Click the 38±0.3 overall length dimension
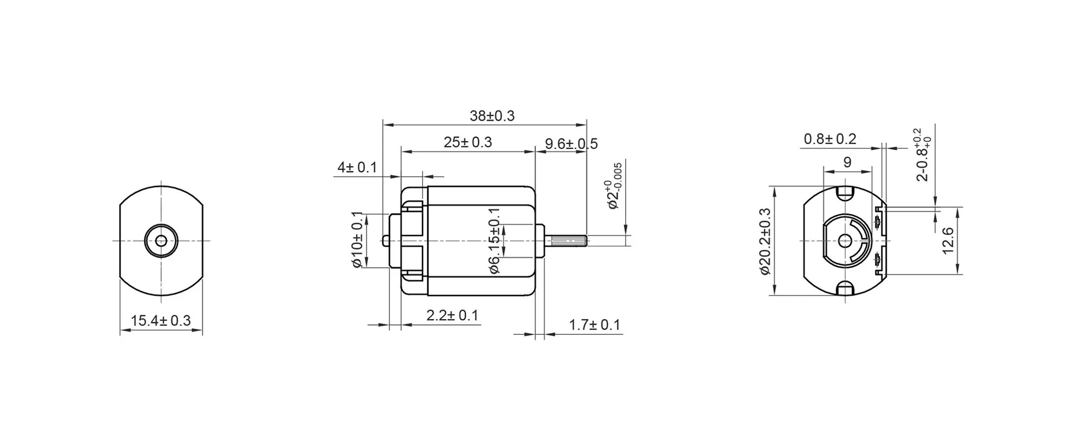(492, 116)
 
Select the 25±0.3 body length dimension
(467, 142)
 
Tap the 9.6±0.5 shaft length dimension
(571, 144)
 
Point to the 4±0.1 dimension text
(357, 168)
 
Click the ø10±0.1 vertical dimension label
(357, 240)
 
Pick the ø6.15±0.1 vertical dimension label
(494, 241)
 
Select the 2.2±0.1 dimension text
(452, 315)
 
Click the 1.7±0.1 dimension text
(594, 325)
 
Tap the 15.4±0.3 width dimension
(160, 321)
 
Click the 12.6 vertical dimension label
(948, 240)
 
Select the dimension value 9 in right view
(847, 162)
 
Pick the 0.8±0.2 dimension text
(830, 139)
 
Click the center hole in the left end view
(161, 240)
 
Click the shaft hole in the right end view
(845, 240)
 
